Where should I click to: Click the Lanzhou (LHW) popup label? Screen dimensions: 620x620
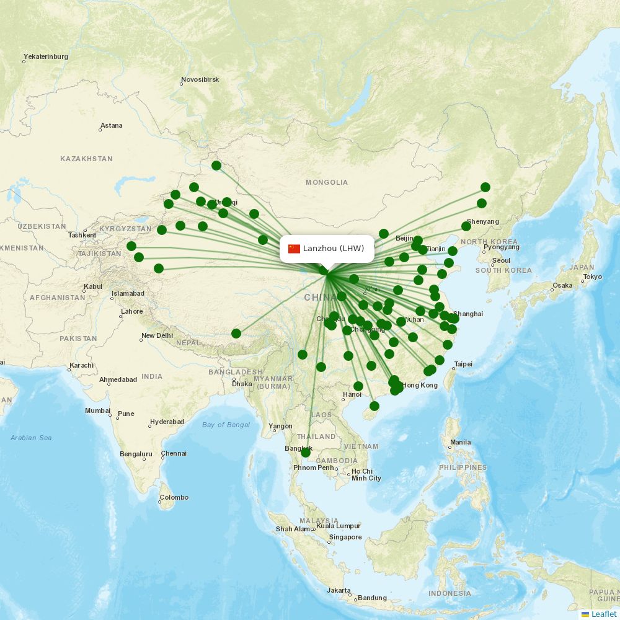333,249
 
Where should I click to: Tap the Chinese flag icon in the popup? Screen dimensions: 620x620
294,249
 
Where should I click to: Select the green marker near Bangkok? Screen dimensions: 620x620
306,453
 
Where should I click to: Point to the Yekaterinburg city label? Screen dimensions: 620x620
46,56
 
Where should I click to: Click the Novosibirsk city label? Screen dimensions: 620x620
200,80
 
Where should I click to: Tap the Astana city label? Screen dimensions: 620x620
112,125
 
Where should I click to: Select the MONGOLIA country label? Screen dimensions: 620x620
327,182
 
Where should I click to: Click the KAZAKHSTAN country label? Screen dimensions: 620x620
86,159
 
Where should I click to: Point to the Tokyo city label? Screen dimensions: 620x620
592,277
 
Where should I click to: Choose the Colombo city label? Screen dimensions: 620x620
174,497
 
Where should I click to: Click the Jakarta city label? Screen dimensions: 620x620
339,591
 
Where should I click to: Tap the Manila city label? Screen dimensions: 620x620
460,443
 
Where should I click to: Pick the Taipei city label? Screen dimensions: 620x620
464,364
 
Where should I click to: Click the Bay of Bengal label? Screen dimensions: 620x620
226,425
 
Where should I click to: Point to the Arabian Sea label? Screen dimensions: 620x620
31,438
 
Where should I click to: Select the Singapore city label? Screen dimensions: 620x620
345,537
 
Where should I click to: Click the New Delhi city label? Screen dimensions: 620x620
157,335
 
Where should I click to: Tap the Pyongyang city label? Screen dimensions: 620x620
501,247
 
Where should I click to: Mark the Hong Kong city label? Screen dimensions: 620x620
420,385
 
